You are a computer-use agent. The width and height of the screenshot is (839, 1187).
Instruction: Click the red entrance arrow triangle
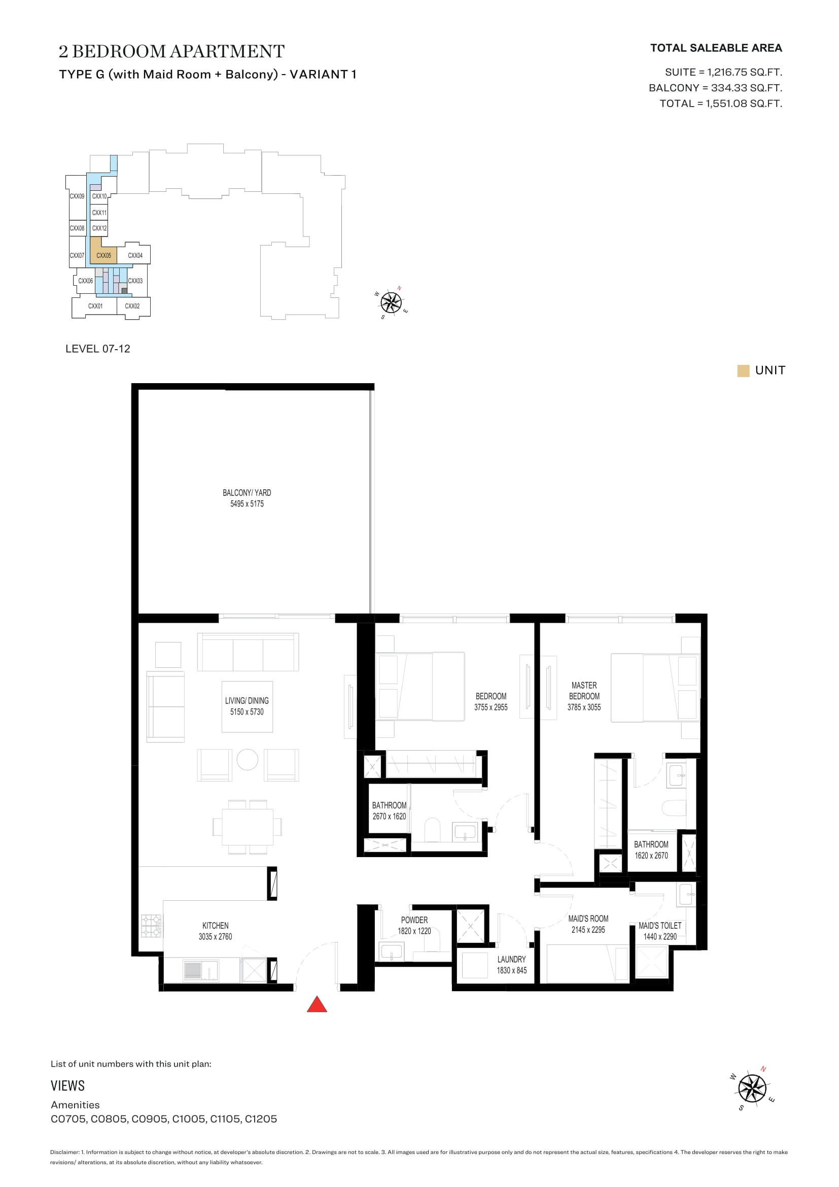click(317, 1004)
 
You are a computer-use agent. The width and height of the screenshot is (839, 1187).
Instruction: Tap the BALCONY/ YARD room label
click(247, 493)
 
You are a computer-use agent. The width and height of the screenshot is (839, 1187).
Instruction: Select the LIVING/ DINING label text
click(247, 700)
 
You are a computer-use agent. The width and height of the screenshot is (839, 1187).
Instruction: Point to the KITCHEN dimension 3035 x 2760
click(216, 936)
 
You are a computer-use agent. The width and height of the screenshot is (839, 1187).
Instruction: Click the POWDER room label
click(414, 920)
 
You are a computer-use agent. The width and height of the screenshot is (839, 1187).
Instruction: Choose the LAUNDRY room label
click(511, 959)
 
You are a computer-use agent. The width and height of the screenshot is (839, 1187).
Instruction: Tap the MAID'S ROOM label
click(588, 918)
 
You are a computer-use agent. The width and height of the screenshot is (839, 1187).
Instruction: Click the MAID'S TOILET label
click(660, 926)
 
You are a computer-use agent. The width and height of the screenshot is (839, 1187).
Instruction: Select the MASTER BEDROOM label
click(584, 691)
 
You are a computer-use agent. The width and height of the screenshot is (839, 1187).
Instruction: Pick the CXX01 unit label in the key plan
click(95, 306)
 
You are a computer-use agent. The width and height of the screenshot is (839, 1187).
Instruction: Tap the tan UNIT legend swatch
click(743, 370)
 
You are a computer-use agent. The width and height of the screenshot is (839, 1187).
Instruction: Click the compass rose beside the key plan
click(391, 302)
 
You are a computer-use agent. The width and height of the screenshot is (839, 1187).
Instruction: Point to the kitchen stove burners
click(151, 926)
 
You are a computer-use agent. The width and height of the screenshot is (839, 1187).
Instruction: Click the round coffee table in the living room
click(248, 760)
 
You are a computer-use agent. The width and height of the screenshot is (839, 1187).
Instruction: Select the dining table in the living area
click(248, 826)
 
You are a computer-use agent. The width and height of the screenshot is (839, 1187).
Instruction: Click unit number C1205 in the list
click(261, 1119)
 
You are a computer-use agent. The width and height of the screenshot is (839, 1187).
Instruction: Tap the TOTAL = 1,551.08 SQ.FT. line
click(721, 104)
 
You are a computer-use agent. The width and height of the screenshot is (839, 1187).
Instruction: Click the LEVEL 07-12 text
click(97, 349)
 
